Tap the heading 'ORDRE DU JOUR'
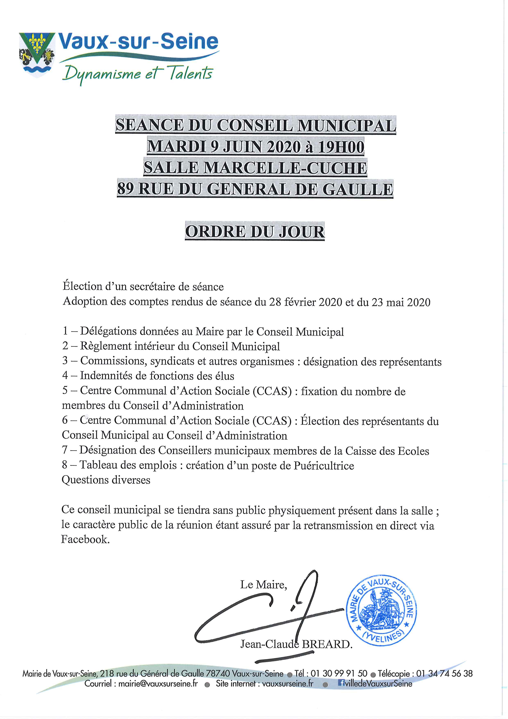tap(255, 232)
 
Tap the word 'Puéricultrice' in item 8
tap(324, 466)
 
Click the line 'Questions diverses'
tap(106, 480)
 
